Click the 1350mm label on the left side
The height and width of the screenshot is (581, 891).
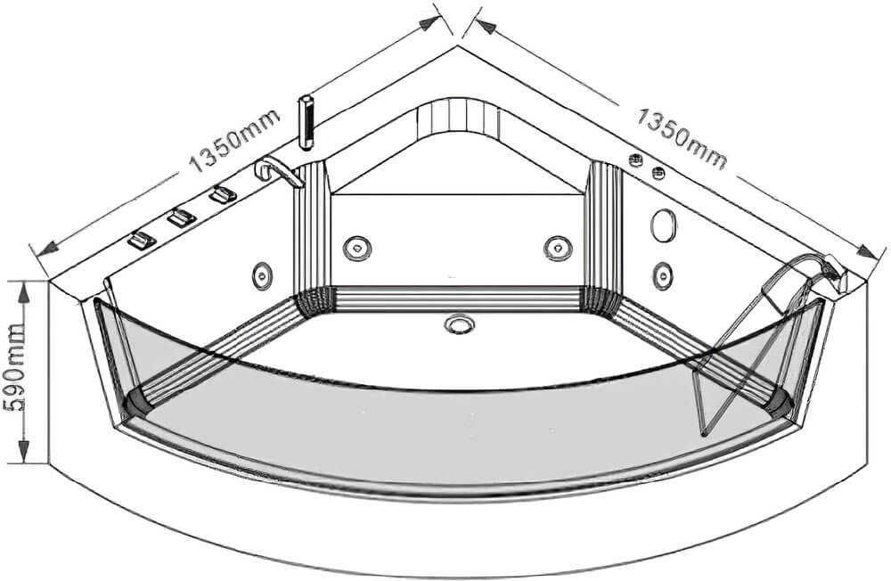(234, 140)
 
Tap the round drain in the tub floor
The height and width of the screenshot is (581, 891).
(457, 324)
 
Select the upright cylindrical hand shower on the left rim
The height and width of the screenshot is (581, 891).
(306, 122)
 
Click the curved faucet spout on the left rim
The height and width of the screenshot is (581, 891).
(277, 171)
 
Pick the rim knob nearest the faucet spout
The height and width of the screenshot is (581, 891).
(222, 194)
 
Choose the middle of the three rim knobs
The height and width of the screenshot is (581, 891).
(181, 217)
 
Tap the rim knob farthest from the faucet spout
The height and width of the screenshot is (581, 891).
(142, 241)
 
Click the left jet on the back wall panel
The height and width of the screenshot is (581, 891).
(357, 248)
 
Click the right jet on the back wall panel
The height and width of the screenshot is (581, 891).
(558, 248)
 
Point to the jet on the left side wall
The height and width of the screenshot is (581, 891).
(262, 275)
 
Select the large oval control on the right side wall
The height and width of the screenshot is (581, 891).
(664, 225)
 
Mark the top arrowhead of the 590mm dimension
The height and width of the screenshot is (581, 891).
(23, 292)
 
